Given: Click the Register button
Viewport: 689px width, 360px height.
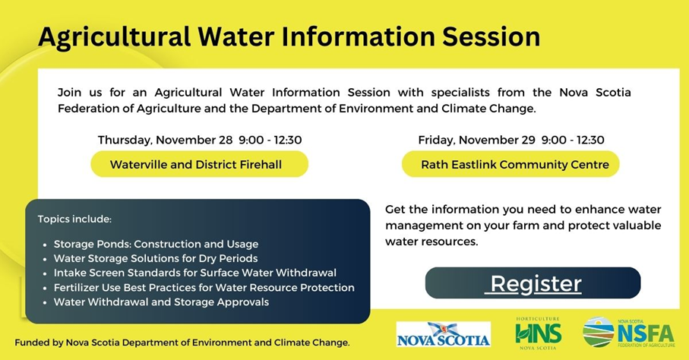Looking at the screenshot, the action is [x=533, y=283].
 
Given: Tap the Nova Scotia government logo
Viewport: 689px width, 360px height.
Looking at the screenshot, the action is [x=444, y=334].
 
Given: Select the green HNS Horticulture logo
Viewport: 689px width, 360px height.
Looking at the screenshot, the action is [x=538, y=333].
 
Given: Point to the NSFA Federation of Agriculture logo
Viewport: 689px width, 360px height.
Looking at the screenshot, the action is [x=629, y=333].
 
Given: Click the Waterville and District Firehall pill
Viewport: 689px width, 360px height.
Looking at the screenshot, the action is [x=200, y=164].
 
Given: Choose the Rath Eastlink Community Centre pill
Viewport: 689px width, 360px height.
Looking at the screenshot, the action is [x=510, y=164].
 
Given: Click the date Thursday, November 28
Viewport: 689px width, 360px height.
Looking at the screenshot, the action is [x=165, y=141].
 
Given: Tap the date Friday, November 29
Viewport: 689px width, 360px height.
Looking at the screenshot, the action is [x=477, y=141].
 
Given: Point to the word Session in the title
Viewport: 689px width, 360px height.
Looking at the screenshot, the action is [x=491, y=36].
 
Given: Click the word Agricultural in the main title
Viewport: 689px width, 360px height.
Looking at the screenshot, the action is [x=114, y=37].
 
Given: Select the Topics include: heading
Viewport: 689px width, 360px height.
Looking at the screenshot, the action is [x=74, y=219].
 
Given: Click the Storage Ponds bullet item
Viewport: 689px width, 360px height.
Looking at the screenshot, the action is [x=156, y=244].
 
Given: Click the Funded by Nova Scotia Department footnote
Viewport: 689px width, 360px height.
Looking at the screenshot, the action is [x=182, y=343].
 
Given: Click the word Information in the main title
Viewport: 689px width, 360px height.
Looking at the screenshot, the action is [x=358, y=36].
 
